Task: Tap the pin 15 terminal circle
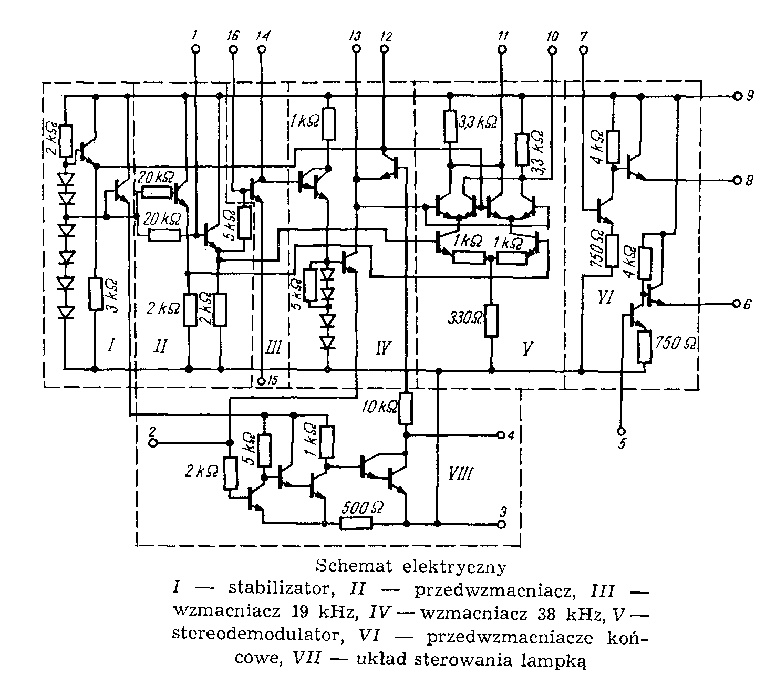263,381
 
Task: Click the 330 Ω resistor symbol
491,320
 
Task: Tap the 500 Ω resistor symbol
357,523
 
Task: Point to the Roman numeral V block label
535,347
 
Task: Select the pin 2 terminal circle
153,443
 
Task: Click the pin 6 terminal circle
736,304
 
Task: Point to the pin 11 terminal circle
502,49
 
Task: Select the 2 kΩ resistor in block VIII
230,472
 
